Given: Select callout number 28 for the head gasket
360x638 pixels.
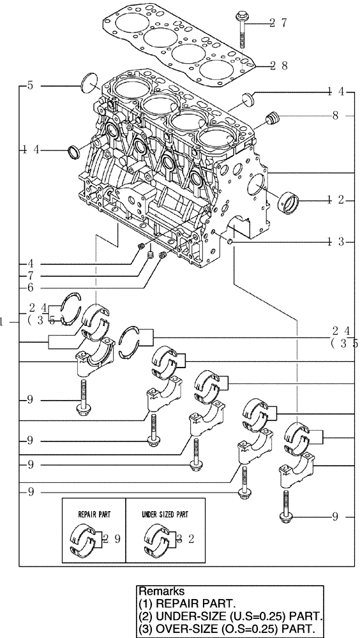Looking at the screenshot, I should tap(278, 65).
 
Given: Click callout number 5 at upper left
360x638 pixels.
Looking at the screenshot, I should tap(29, 84).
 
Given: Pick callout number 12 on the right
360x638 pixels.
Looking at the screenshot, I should tap(336, 200).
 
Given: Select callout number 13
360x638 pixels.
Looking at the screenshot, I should tap(336, 241).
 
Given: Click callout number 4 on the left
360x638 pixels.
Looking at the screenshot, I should tap(29, 263).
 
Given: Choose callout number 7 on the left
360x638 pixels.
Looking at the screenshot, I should tap(29, 276).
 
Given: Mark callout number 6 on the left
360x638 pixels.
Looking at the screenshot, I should tap(29, 288).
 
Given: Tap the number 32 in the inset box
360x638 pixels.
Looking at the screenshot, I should tap(185, 539).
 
